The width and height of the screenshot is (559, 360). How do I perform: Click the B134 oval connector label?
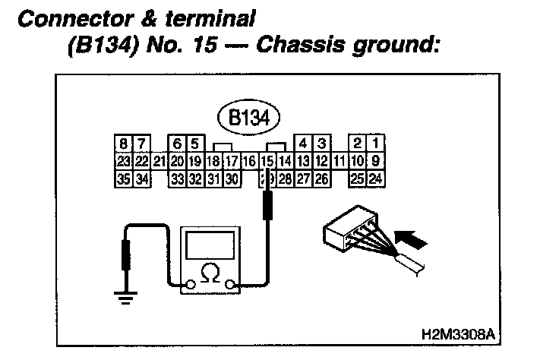click(249, 118)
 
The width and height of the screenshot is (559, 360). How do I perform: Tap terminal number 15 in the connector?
click(267, 160)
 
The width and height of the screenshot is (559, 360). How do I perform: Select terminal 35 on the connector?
click(123, 179)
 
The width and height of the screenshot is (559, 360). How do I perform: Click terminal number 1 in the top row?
click(375, 143)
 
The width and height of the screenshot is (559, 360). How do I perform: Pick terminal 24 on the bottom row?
click(375, 179)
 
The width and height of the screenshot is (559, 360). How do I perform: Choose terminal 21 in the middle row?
click(159, 160)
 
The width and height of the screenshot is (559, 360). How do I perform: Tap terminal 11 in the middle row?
click(340, 160)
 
